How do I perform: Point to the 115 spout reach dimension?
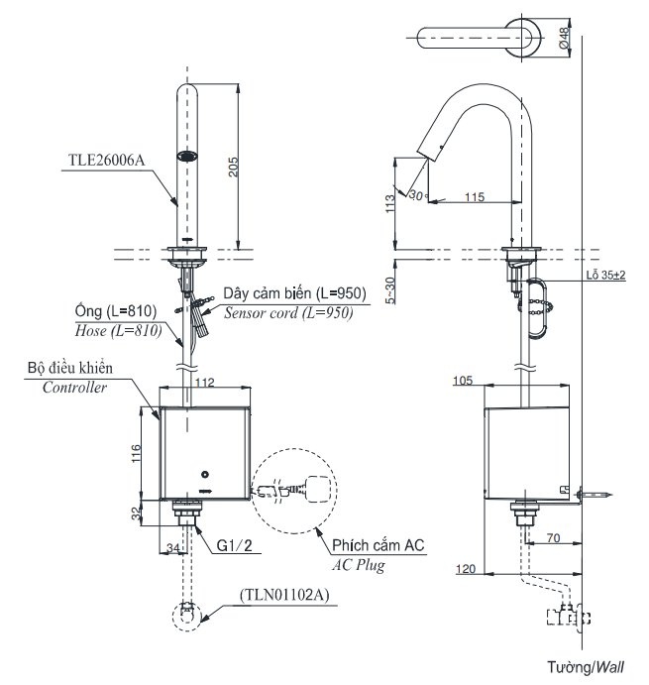[x=473, y=197]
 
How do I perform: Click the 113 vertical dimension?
[x=390, y=202]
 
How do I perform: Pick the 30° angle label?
[x=416, y=194]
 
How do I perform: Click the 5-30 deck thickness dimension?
[x=390, y=289]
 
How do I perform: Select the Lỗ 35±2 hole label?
[x=603, y=275]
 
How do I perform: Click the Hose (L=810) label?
[x=117, y=330]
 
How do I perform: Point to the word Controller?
[x=73, y=388]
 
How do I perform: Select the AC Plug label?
[x=357, y=566]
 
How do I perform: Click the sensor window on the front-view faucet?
[x=185, y=156]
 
